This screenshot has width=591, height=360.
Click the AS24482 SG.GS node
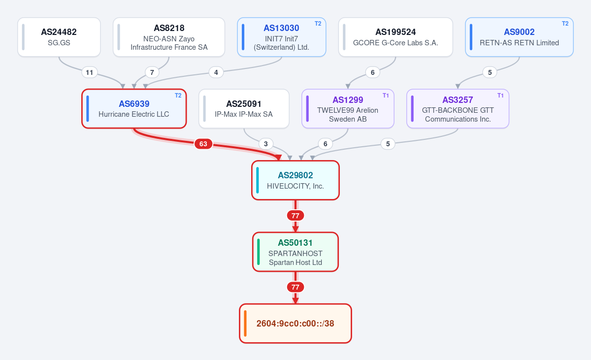59,37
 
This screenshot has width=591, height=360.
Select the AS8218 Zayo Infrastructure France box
169,37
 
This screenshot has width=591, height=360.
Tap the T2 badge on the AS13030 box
318,24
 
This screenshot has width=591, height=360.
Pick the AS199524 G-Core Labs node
395,37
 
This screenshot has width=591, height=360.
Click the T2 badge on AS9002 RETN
565,24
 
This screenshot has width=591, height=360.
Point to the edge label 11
90,72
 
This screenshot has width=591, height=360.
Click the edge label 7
152,72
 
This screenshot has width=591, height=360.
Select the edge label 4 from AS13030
216,72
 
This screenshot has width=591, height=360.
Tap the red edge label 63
203,144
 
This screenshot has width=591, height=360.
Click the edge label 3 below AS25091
265,144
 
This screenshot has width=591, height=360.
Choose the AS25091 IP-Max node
244,109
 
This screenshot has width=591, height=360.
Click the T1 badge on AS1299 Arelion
386,96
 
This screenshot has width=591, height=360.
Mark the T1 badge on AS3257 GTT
500,96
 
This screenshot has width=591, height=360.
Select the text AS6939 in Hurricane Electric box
134,104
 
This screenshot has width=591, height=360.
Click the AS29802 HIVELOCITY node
295,180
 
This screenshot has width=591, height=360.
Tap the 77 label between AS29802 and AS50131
295,216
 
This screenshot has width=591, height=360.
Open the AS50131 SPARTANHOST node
295,252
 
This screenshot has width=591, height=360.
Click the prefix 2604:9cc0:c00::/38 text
295,324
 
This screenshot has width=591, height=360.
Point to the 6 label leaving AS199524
372,72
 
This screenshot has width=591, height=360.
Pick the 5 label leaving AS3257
388,144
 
